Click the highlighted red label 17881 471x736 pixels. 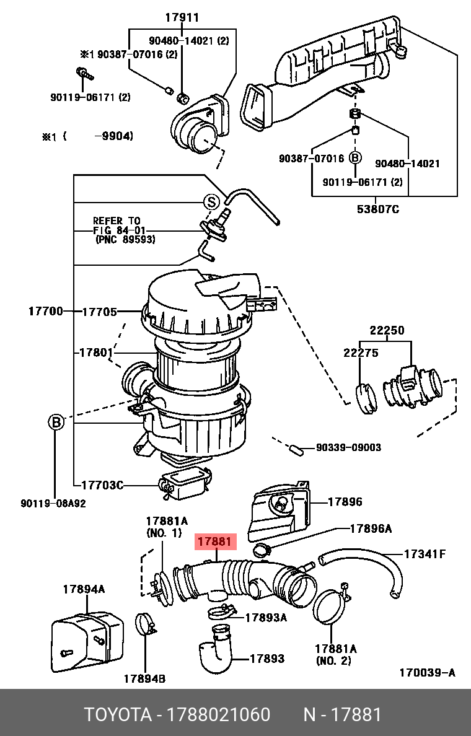point(215,542)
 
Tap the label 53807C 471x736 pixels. point(377,209)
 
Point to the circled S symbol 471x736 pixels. point(211,202)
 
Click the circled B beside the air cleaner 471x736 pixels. point(56,423)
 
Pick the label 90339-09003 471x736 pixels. point(348,447)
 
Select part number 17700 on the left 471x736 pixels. point(45,312)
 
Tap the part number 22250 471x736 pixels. point(387,331)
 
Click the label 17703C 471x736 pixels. point(102,485)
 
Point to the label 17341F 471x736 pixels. point(425,553)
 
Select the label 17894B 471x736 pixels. point(144,678)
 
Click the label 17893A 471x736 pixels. point(266,617)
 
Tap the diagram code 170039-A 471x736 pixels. point(426,673)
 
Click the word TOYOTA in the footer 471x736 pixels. point(118,715)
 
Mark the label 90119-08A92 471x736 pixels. point(53,504)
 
